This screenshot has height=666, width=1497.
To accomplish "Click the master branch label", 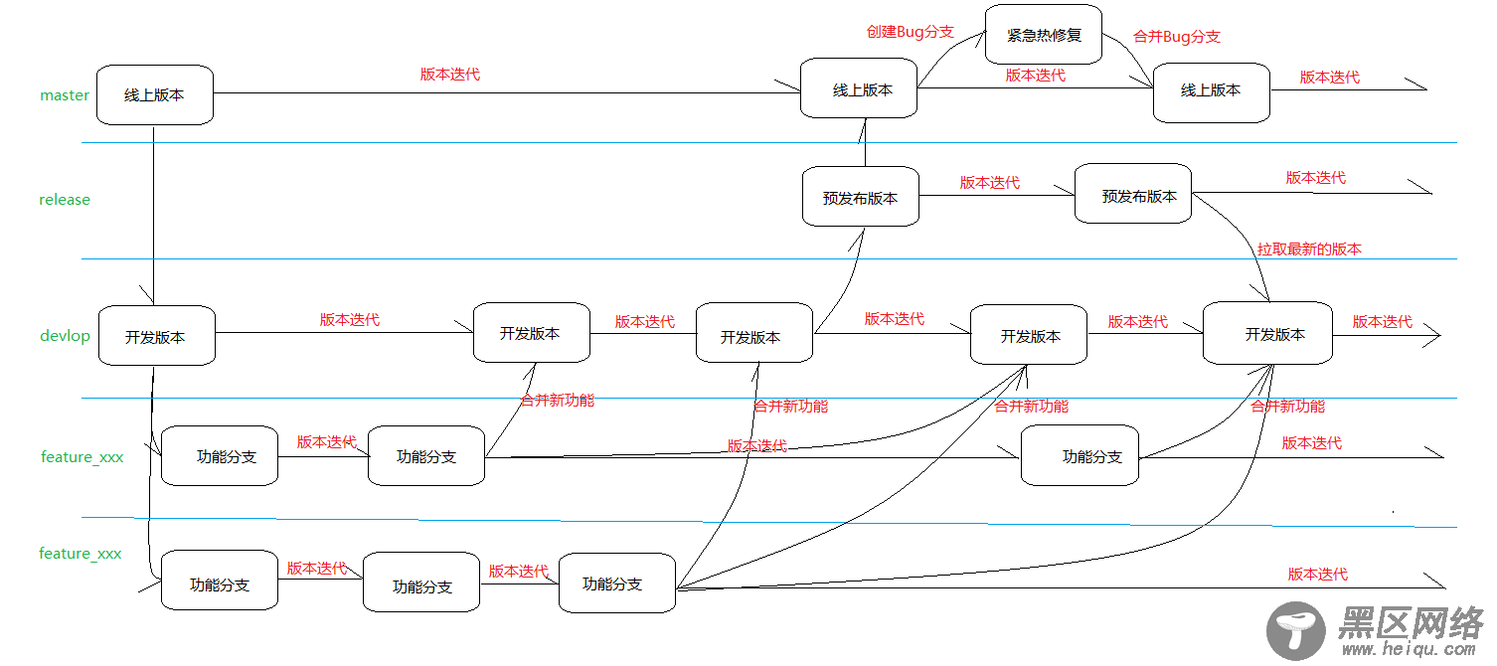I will click(x=65, y=95).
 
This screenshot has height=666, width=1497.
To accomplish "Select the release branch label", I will click(x=65, y=200).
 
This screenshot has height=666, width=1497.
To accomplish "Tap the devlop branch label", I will click(x=65, y=336).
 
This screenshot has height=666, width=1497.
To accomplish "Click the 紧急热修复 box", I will click(x=1044, y=35).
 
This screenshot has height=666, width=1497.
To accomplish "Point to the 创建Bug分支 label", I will click(x=910, y=32).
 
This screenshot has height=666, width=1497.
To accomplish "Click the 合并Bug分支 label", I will click(x=1177, y=37).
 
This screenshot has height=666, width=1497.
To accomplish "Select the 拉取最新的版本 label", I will click(x=1309, y=250).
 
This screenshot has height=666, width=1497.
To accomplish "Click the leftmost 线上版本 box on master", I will click(x=154, y=95).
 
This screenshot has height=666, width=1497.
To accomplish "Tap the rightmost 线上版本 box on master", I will click(x=1211, y=90).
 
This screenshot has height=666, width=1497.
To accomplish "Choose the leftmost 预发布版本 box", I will click(x=860, y=197).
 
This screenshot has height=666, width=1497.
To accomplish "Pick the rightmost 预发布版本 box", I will click(x=1133, y=195).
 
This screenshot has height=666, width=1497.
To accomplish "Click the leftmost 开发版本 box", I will click(x=156, y=336).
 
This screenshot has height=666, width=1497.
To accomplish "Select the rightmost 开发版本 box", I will click(x=1267, y=334).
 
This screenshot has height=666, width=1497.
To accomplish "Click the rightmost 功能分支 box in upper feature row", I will click(x=1081, y=456).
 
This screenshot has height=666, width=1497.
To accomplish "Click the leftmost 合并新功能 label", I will click(x=557, y=400).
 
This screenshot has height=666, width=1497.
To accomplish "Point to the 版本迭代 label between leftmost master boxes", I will click(x=450, y=75).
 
